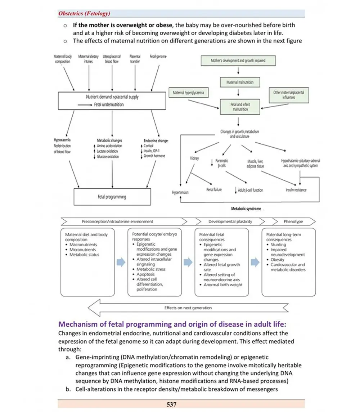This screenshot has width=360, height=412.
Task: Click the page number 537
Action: click(x=171, y=404)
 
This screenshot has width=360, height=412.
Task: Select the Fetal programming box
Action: click(x=112, y=197)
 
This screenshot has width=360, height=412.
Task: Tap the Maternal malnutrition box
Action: click(x=240, y=82)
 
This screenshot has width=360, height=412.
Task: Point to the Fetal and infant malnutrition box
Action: click(x=240, y=106)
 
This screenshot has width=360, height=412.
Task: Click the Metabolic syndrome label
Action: click(x=246, y=209)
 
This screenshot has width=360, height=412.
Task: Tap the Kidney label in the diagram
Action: click(x=194, y=158)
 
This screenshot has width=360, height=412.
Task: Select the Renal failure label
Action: click(x=214, y=189)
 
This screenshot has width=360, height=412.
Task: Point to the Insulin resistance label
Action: click(x=296, y=190)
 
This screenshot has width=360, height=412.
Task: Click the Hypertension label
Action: click(x=181, y=192)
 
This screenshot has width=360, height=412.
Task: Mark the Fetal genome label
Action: click(x=158, y=57)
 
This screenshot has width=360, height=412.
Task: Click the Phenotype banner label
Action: click(x=293, y=221)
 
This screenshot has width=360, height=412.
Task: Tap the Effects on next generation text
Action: click(x=188, y=308)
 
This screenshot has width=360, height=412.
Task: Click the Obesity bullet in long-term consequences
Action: click(x=277, y=259)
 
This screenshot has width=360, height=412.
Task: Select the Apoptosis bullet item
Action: click(x=145, y=274)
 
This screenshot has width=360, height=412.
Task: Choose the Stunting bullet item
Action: click(x=278, y=245)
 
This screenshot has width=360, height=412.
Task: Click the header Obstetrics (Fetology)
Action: click(x=84, y=14)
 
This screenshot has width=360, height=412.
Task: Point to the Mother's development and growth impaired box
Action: click(x=238, y=61)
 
